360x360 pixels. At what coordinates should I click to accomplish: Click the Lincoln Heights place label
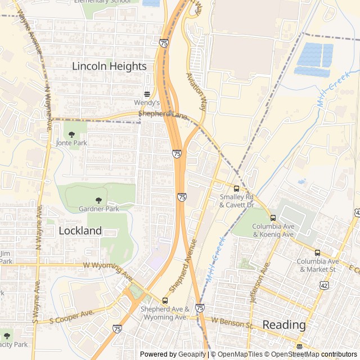pos(109,66)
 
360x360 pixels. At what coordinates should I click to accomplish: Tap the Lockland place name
pos(80,231)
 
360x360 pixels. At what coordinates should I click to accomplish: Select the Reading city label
pos(284,325)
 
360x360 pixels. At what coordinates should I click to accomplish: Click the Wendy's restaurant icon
pos(147,94)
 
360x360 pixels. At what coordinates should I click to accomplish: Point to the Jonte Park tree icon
pos(71,134)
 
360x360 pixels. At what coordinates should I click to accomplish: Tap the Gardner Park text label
pos(99,209)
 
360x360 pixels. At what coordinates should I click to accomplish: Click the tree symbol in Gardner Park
pos(99,200)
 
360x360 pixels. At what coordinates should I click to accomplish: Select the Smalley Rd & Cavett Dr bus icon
pos(236,188)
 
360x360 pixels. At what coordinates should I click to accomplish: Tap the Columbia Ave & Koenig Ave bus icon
pos(273,218)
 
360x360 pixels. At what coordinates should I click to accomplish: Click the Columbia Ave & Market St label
pos(318,265)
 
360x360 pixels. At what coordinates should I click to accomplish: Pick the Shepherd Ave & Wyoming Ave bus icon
pos(165,300)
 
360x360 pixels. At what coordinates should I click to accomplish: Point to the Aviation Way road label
pos(195,90)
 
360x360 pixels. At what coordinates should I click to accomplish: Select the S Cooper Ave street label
pos(71,316)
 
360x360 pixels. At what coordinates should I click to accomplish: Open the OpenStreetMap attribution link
pos(292,354)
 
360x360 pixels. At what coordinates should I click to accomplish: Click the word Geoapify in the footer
pos(191,354)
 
